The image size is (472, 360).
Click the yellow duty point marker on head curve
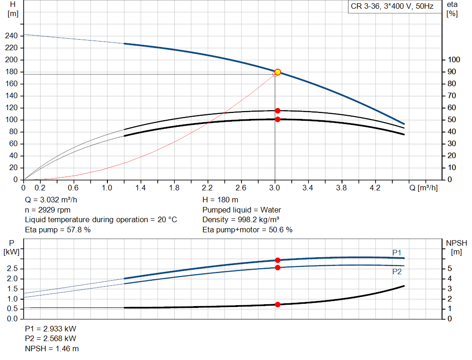[x=277, y=72]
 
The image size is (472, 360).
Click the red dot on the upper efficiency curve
[x=277, y=111]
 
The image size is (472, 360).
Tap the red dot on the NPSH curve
[x=277, y=304]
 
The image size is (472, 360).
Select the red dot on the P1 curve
[x=277, y=260]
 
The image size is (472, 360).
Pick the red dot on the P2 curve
[x=277, y=267]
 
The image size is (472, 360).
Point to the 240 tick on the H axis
[x=12, y=36]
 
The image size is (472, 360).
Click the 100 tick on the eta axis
[x=454, y=60]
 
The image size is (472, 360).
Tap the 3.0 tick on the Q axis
[x=275, y=188]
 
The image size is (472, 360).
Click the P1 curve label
[x=397, y=252]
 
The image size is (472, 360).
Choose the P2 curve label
[x=397, y=272]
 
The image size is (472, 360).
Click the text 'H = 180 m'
[x=220, y=200]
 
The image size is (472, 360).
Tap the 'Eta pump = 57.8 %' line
[x=58, y=230]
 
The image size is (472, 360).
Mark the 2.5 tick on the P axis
[x=13, y=269]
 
